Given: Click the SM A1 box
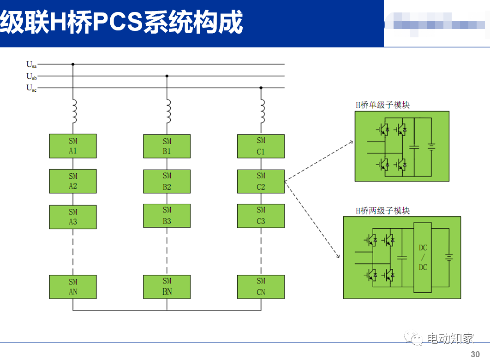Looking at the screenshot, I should coord(73,146).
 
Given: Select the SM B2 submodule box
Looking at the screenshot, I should coord(167,182).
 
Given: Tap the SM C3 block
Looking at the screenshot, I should coord(261,216).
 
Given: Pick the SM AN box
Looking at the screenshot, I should coord(73,287).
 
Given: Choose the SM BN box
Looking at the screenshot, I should coord(167,287).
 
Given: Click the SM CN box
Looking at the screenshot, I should coord(261,287).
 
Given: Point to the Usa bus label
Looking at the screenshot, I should coord(31,65).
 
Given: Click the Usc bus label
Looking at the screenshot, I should coord(31,88).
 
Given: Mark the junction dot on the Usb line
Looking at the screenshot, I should coord(167,76).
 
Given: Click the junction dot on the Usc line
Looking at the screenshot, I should coord(261,88).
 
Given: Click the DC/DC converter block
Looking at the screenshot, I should coord(423,258).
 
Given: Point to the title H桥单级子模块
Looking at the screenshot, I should coord(382,105).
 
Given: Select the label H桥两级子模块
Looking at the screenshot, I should coord(382,211).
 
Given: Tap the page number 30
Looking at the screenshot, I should coord(475,354).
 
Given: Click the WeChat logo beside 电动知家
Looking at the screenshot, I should coord(413,339).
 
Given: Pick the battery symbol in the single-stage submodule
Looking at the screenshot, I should coord(431,147).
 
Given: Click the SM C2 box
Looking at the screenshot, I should coord(261,182).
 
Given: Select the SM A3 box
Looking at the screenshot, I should coord(73,217).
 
